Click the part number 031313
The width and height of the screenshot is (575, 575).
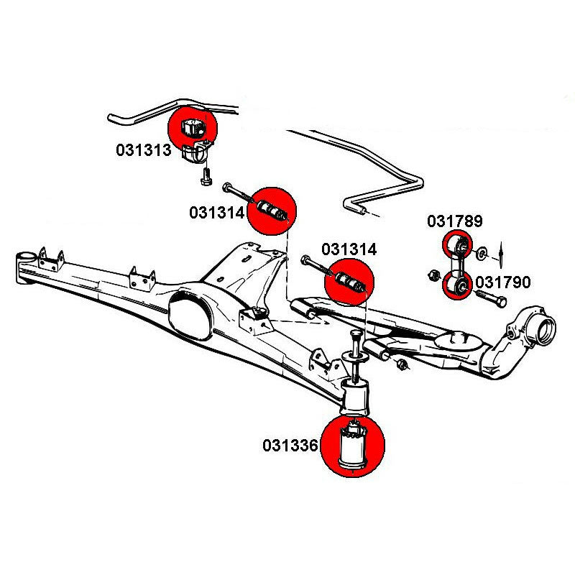click(x=143, y=150)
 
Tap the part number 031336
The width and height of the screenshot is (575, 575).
click(x=290, y=446)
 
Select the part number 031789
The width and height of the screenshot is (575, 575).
click(x=455, y=221)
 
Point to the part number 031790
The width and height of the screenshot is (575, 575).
click(x=503, y=282)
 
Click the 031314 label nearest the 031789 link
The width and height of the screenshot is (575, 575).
click(x=349, y=249)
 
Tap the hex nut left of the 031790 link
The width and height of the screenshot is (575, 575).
click(x=433, y=274)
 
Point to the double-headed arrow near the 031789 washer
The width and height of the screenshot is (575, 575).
click(x=502, y=253)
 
